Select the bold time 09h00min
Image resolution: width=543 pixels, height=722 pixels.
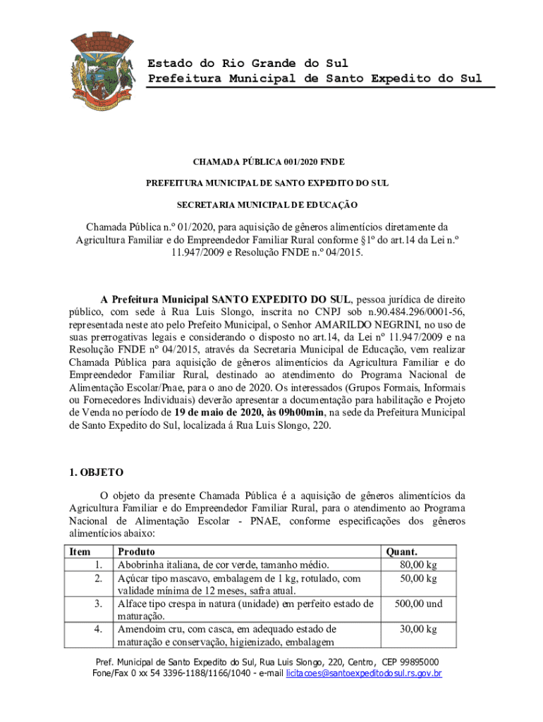pos(300,412)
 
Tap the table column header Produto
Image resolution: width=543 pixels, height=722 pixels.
pos(137,552)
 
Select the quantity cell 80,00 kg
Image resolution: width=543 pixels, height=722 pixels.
pos(418,565)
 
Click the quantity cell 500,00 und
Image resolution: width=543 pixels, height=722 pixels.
pos(418,604)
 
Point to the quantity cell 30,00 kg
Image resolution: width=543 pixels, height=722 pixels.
pos(418,629)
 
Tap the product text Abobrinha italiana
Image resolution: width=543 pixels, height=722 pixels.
pos(156,565)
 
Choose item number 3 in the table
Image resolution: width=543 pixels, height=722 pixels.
pos(99,604)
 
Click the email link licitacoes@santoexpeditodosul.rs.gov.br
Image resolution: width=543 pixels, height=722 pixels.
pos(363,674)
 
